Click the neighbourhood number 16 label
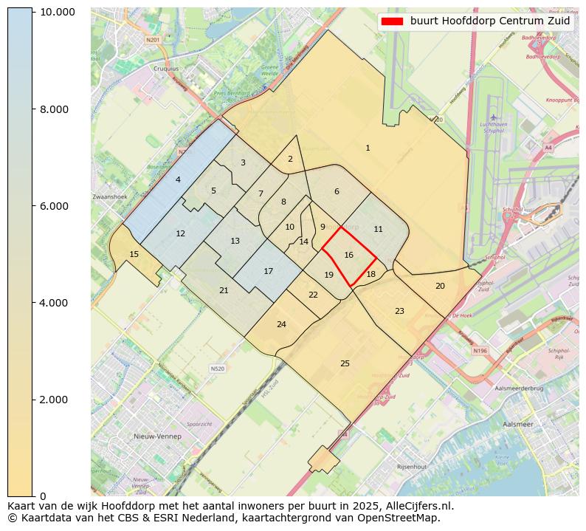[348, 255]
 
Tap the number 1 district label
[368, 148]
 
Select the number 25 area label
[345, 363]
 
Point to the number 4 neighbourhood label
[178, 179]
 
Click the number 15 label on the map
[134, 254]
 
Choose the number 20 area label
[440, 286]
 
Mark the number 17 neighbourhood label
[268, 271]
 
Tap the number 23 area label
[399, 311]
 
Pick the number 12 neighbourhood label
[180, 233]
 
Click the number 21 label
[224, 290]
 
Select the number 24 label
[281, 324]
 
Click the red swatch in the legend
[392, 21]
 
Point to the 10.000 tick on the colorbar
[57, 13]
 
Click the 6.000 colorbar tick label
[57, 206]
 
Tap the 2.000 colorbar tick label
[57, 400]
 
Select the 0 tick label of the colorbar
[42, 496]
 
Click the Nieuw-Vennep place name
[157, 436]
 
